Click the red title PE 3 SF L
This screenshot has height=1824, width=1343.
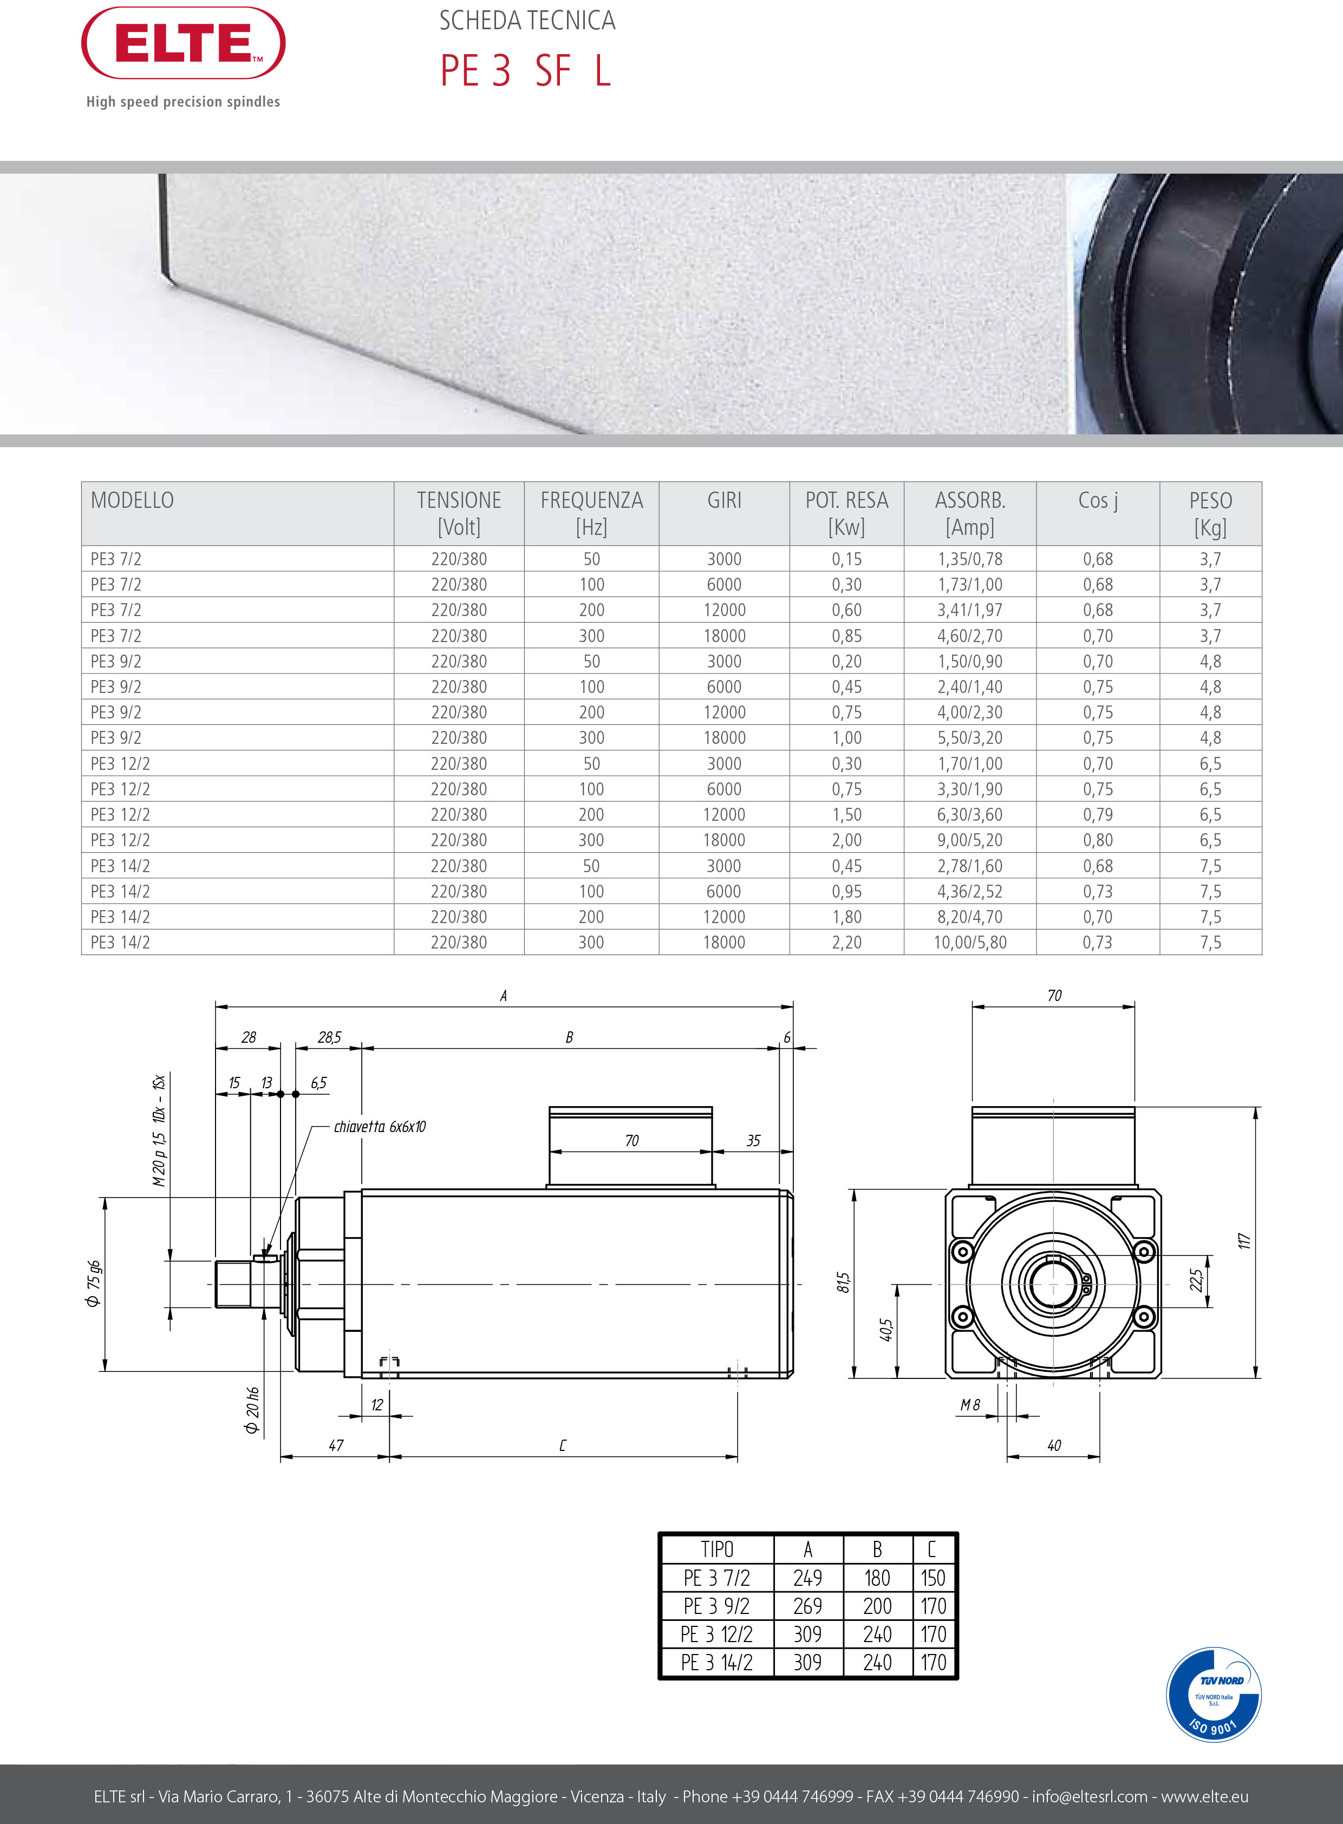(x=525, y=71)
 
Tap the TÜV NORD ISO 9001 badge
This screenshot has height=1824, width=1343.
(x=1213, y=1695)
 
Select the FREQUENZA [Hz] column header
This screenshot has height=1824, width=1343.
(x=592, y=513)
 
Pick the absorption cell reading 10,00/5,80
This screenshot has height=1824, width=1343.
(x=970, y=942)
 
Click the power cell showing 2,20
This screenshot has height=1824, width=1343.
(x=846, y=942)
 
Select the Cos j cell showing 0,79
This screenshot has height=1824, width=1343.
(x=1098, y=814)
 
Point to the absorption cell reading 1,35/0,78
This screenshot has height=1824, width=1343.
(x=970, y=559)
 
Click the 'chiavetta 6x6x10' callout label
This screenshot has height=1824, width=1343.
(x=380, y=1127)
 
